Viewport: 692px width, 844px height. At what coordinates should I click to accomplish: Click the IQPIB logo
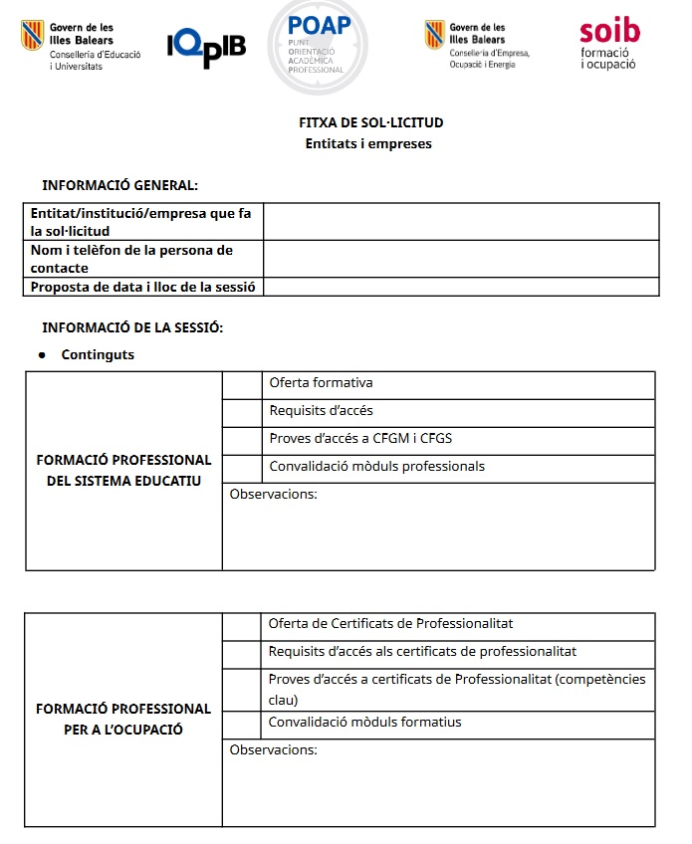(206, 46)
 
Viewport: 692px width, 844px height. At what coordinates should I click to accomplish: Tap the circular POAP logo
(318, 44)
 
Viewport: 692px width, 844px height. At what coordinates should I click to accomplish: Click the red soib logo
(608, 45)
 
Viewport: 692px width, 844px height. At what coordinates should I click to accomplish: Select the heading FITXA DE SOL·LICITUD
(370, 123)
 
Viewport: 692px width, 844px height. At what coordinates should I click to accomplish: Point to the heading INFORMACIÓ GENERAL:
(119, 185)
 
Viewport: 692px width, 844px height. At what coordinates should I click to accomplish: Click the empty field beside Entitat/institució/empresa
(460, 222)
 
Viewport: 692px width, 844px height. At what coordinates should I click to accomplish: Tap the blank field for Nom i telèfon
(460, 259)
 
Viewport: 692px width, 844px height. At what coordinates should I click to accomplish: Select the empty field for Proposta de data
(460, 287)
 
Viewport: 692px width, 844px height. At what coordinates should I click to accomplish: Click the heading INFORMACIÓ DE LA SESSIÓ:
(132, 328)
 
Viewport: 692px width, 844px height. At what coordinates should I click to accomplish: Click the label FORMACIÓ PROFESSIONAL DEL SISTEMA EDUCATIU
(123, 471)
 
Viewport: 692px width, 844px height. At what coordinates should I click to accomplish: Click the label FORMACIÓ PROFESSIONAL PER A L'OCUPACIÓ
(123, 720)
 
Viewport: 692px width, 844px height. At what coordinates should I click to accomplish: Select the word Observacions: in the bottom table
(273, 750)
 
